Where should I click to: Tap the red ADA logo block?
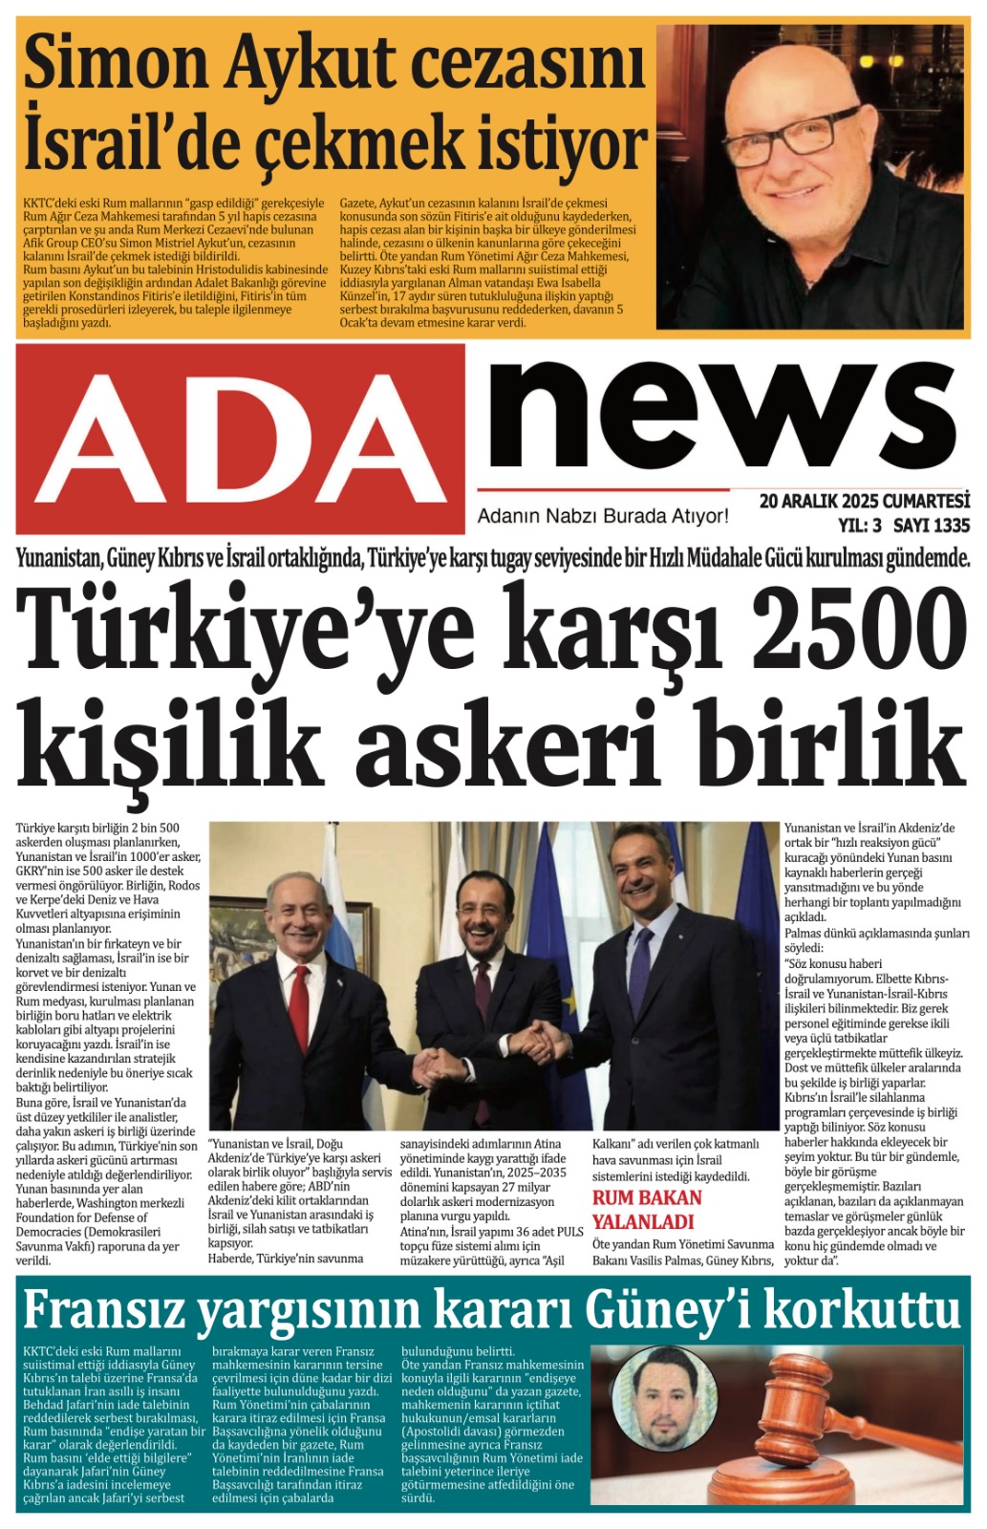240,439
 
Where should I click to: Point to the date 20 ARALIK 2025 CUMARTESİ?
864,502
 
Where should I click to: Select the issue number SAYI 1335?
932,525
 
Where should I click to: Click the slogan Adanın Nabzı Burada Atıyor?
602,517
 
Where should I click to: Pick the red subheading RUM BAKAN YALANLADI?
647,1210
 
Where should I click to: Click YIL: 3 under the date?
859,525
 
